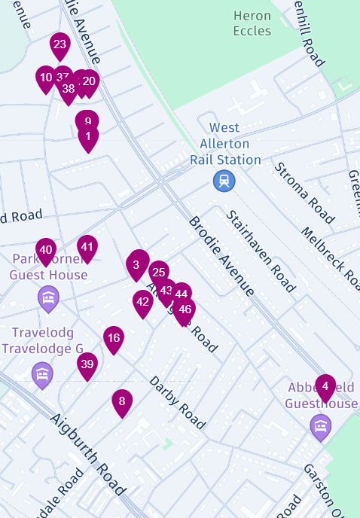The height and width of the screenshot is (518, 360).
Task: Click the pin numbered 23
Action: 59,45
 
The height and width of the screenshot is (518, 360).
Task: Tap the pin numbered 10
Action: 46,78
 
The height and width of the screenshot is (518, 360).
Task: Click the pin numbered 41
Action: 87,248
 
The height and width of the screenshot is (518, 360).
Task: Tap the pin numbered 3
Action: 136,264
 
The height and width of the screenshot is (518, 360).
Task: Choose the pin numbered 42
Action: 143,303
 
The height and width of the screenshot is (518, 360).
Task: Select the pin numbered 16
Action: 114,339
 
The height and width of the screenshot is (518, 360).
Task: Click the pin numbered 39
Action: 87,365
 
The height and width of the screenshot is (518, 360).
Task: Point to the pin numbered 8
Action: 123,402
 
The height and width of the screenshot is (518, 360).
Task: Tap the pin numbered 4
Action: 325,387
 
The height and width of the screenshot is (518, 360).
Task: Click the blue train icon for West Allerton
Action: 224,180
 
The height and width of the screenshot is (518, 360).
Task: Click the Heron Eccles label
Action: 252,23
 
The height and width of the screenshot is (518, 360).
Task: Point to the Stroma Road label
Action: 304,193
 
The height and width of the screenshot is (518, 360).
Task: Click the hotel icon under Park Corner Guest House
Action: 49,300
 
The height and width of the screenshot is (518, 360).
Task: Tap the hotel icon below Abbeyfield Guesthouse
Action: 321,428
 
